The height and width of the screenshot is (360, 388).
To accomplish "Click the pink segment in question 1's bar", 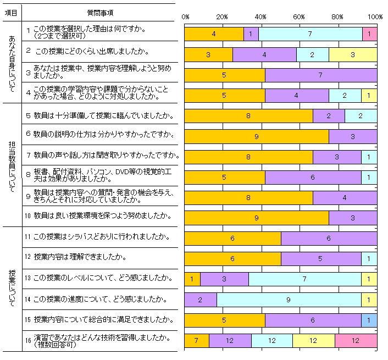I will click(x=369, y=34).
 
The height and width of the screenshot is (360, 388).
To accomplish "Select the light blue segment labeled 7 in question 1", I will click(x=310, y=34).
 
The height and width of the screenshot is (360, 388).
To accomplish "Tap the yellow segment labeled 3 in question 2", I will click(x=352, y=55).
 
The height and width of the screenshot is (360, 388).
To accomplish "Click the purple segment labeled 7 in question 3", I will click(x=321, y=75).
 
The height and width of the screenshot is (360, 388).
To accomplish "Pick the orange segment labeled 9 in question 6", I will click(x=256, y=136).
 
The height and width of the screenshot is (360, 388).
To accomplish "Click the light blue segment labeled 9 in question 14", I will click(x=289, y=300).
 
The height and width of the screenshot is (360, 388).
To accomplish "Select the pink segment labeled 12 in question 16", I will click(x=356, y=341).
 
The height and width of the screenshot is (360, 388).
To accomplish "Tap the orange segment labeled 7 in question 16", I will click(x=196, y=341).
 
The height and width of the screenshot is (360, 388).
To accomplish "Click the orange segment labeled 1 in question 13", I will click(x=192, y=279).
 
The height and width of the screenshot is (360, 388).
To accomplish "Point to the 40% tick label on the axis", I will click(x=261, y=16).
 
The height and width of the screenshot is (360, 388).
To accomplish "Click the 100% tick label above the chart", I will click(x=376, y=16).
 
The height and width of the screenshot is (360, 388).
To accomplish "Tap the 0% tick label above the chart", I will click(x=185, y=16).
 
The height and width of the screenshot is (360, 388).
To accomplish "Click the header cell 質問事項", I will click(x=101, y=12).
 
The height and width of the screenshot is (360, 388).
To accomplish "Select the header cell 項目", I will click(x=11, y=12).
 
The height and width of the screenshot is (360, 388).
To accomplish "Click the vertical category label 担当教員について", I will click(x=12, y=163).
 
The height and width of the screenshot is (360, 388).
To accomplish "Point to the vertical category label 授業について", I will click(x=12, y=288).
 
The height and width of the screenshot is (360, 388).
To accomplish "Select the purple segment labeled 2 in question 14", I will click(x=200, y=300).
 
